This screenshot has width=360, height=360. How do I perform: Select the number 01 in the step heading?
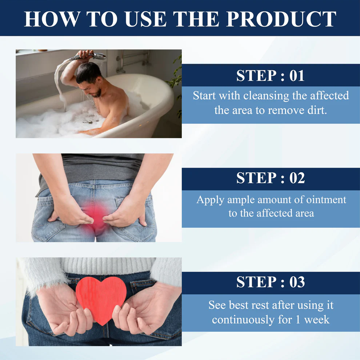pos(297,76)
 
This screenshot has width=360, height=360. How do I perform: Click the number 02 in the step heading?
pos(297,178)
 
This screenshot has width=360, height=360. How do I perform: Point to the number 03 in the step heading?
pos(297,282)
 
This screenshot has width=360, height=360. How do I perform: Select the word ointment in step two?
pos(325,200)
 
